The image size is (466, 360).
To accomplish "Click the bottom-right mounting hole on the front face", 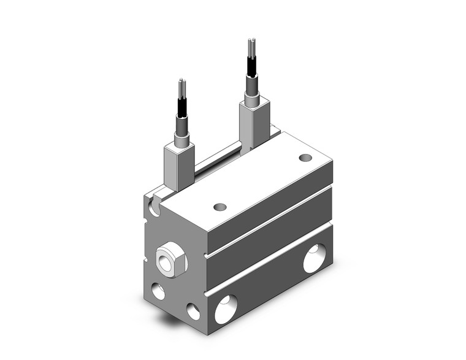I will [194, 311].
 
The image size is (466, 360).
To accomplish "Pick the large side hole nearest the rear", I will [315, 258].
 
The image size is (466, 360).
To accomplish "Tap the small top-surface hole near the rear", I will [305, 158].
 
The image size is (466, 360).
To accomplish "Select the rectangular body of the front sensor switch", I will [179, 166].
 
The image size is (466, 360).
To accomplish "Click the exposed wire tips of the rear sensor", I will [251, 46].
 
